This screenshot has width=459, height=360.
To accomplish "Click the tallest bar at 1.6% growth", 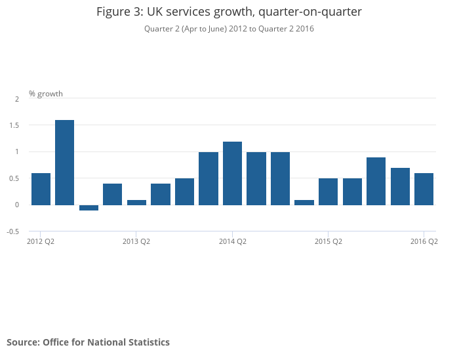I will point(64,162).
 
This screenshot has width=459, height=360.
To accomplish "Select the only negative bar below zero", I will point(89,207).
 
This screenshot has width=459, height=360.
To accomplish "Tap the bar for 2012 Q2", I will point(41,189).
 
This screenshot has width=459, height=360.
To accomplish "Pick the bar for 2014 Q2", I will point(232,173).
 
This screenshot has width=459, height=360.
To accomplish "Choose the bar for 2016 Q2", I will point(424,189).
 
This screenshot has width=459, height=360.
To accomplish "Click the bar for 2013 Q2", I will point(136,202).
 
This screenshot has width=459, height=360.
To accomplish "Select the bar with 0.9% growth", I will point(376,181).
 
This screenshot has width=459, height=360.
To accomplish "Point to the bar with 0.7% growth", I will point(400,186).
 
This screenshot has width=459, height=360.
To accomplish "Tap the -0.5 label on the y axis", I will point(12,231).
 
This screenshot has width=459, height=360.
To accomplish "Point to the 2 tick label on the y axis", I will point(17,99).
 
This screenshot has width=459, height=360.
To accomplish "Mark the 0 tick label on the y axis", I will point(17,205).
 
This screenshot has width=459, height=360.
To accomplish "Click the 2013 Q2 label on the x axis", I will point(136,241).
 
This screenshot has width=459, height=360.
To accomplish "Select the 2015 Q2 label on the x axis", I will point(329,241).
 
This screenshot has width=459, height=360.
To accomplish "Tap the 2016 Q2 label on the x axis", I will point(424,241).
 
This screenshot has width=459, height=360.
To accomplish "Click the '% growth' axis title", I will point(46,94).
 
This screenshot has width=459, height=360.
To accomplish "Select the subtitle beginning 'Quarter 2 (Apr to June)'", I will point(229,29).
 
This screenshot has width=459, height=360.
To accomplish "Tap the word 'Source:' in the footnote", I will point(23,342).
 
